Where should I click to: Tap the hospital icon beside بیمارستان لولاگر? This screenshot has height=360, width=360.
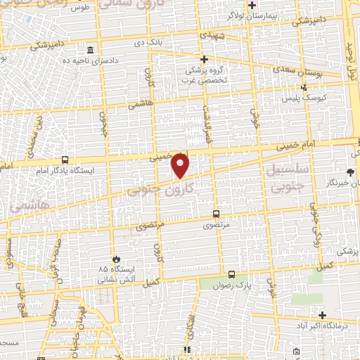tap(252, 5)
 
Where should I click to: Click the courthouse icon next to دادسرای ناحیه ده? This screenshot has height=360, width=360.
tap(91, 51)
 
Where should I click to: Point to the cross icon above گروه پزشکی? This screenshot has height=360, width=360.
tap(204, 60)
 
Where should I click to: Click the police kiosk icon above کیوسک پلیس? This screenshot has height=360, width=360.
tap(304, 88)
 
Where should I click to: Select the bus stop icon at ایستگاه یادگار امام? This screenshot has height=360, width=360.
tap(65, 160)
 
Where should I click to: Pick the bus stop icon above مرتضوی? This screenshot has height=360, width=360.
tap(217, 214)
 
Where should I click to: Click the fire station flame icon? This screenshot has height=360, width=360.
tap(125, 258)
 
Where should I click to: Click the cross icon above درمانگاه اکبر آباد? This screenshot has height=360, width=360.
tap(322, 315)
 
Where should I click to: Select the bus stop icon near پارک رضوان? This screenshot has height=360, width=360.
tap(231, 275)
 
